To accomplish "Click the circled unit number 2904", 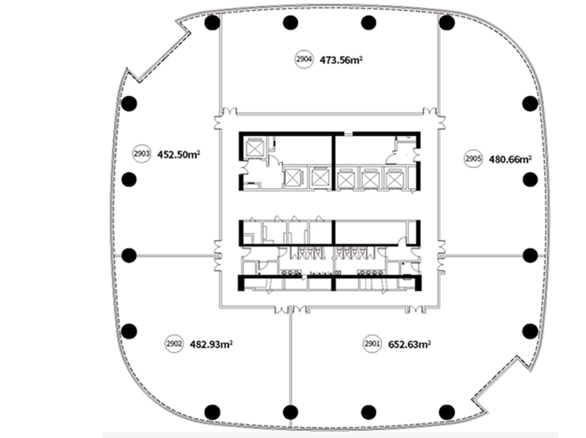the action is click(x=304, y=59).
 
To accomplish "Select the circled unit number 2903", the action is click(x=141, y=154).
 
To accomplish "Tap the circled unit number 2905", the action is click(x=473, y=159).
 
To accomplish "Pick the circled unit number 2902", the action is click(x=174, y=343).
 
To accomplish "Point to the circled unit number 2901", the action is click(x=372, y=343).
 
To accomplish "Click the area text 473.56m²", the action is click(x=341, y=60).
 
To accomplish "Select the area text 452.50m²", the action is click(x=179, y=155).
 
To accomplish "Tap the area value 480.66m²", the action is click(x=510, y=160).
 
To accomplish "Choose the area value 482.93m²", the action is click(x=211, y=344).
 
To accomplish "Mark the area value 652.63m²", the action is click(x=409, y=344).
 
